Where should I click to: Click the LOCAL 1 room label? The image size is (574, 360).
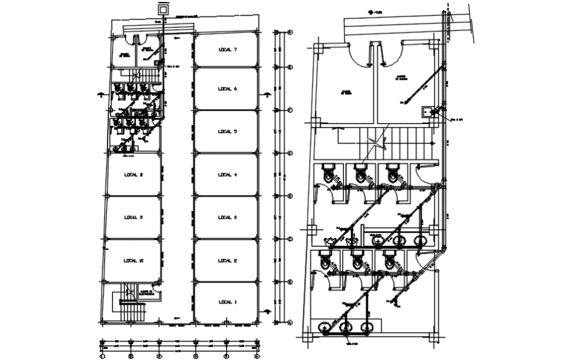[x=226, y=302]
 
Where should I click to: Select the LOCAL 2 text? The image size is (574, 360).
[x=226, y=261]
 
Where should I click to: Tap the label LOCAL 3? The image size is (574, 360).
[x=226, y=218]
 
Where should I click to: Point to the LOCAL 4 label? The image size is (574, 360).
[x=226, y=175]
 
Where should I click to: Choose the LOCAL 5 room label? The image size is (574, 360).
[x=226, y=132]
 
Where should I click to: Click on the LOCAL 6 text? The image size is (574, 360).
[x=226, y=89]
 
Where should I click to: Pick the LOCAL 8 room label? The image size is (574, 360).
[x=133, y=175]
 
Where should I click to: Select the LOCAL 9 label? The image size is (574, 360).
[x=133, y=218]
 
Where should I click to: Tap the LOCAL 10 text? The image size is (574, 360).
[x=133, y=261]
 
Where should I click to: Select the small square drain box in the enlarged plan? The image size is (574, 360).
[x=427, y=111]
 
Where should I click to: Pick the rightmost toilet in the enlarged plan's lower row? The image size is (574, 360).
[x=390, y=262]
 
